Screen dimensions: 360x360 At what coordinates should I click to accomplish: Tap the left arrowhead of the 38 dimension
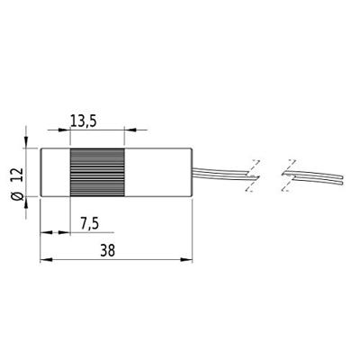point(45,262)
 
